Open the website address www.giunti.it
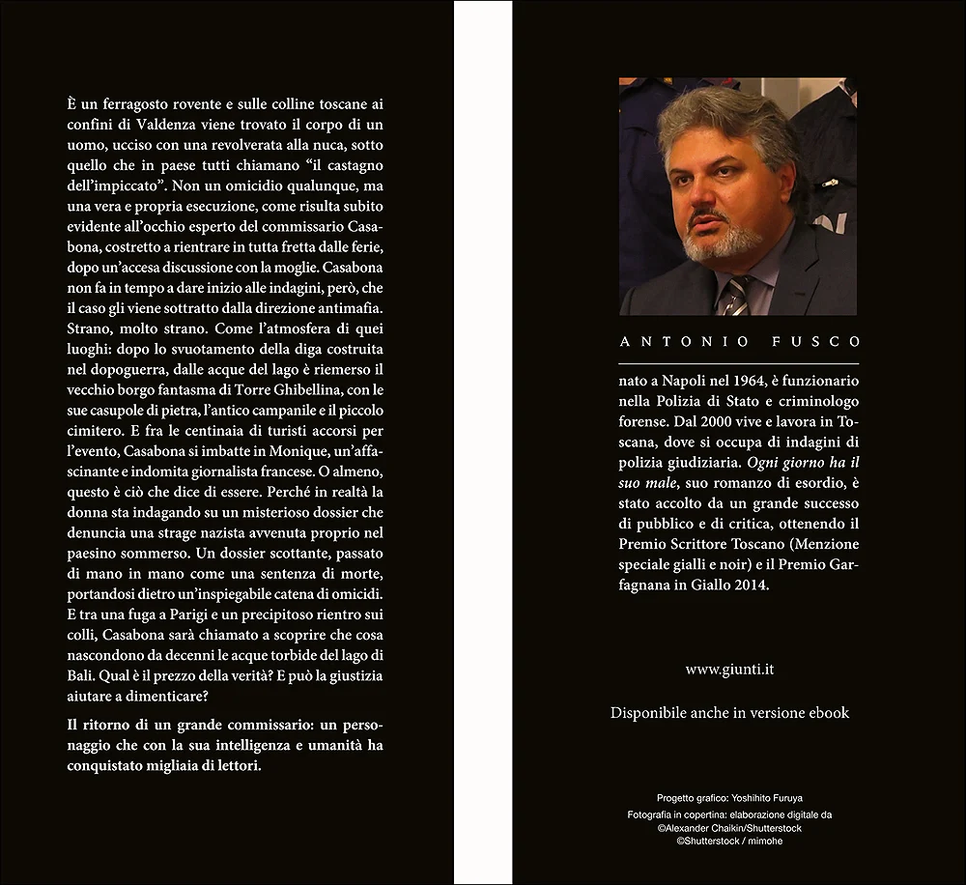(x=729, y=668)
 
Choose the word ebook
(x=827, y=713)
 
